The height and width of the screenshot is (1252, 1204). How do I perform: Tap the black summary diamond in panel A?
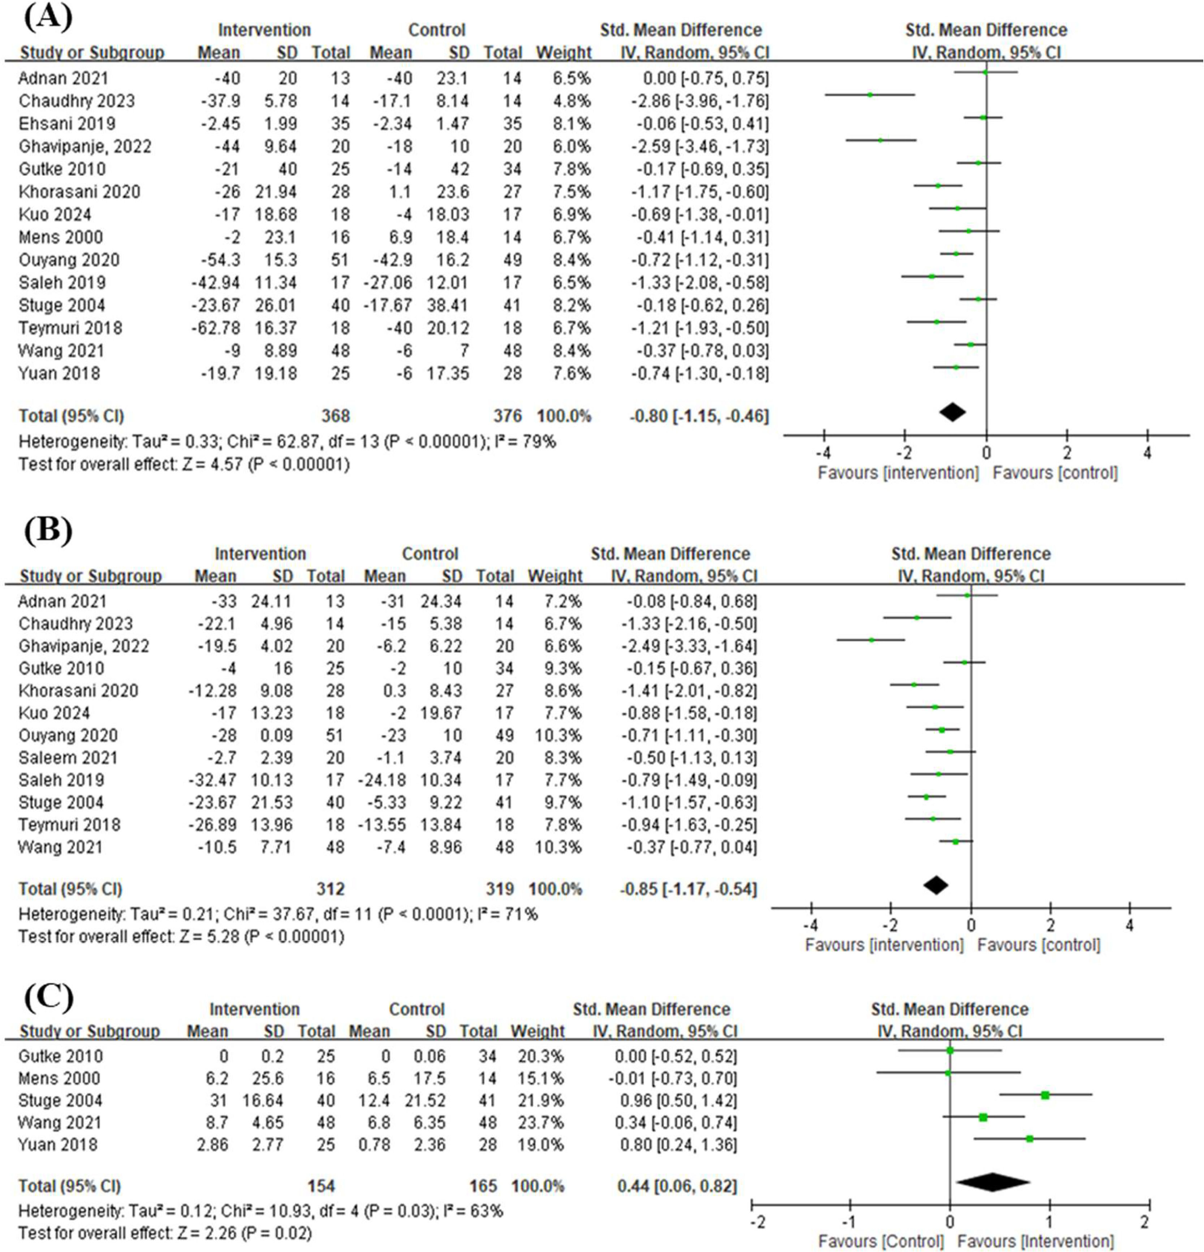[952, 412]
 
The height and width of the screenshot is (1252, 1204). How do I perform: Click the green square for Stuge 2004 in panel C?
[1045, 1095]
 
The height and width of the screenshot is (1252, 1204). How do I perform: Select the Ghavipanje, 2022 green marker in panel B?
[871, 639]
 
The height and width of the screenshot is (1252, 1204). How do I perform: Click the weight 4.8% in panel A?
[572, 101]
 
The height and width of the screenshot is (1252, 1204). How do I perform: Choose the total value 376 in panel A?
[508, 416]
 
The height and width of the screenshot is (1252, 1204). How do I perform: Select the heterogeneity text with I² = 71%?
[278, 914]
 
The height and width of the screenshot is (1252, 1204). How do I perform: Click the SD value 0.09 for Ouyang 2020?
[277, 735]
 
